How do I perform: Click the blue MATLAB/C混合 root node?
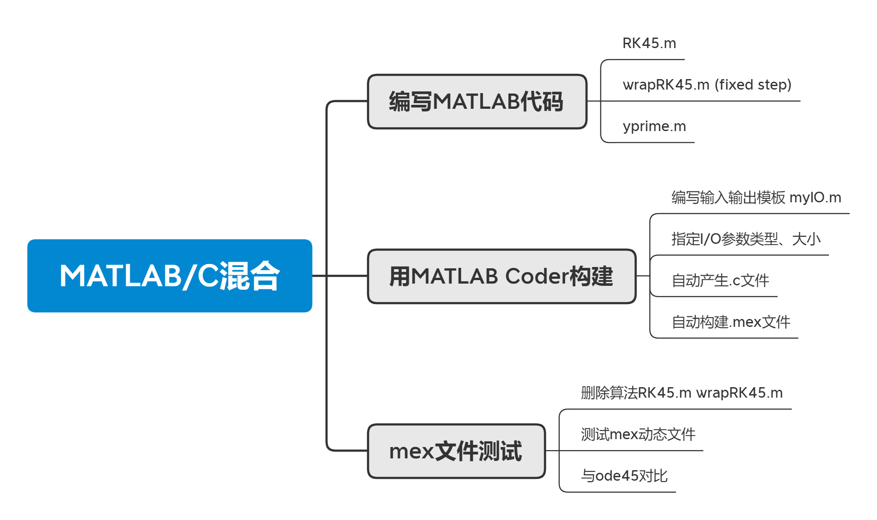170,276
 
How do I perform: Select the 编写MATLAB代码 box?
477,101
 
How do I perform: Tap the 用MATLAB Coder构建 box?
501,276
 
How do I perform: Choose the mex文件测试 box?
456,451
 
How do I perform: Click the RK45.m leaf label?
649,43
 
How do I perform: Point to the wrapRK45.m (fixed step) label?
707,85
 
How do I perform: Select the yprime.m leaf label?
654,126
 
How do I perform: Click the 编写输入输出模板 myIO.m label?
756,198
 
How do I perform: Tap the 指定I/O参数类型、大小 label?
746,239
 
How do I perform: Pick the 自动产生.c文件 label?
720,281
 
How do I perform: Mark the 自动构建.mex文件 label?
731,322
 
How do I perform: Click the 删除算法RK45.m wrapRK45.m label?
681,393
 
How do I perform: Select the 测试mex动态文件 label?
638,434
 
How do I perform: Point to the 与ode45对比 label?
624,476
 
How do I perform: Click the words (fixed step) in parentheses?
753,85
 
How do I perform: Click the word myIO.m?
815,198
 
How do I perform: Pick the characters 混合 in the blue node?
249,276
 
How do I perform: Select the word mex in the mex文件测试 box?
411,451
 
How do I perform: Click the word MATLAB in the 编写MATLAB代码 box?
476,101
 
